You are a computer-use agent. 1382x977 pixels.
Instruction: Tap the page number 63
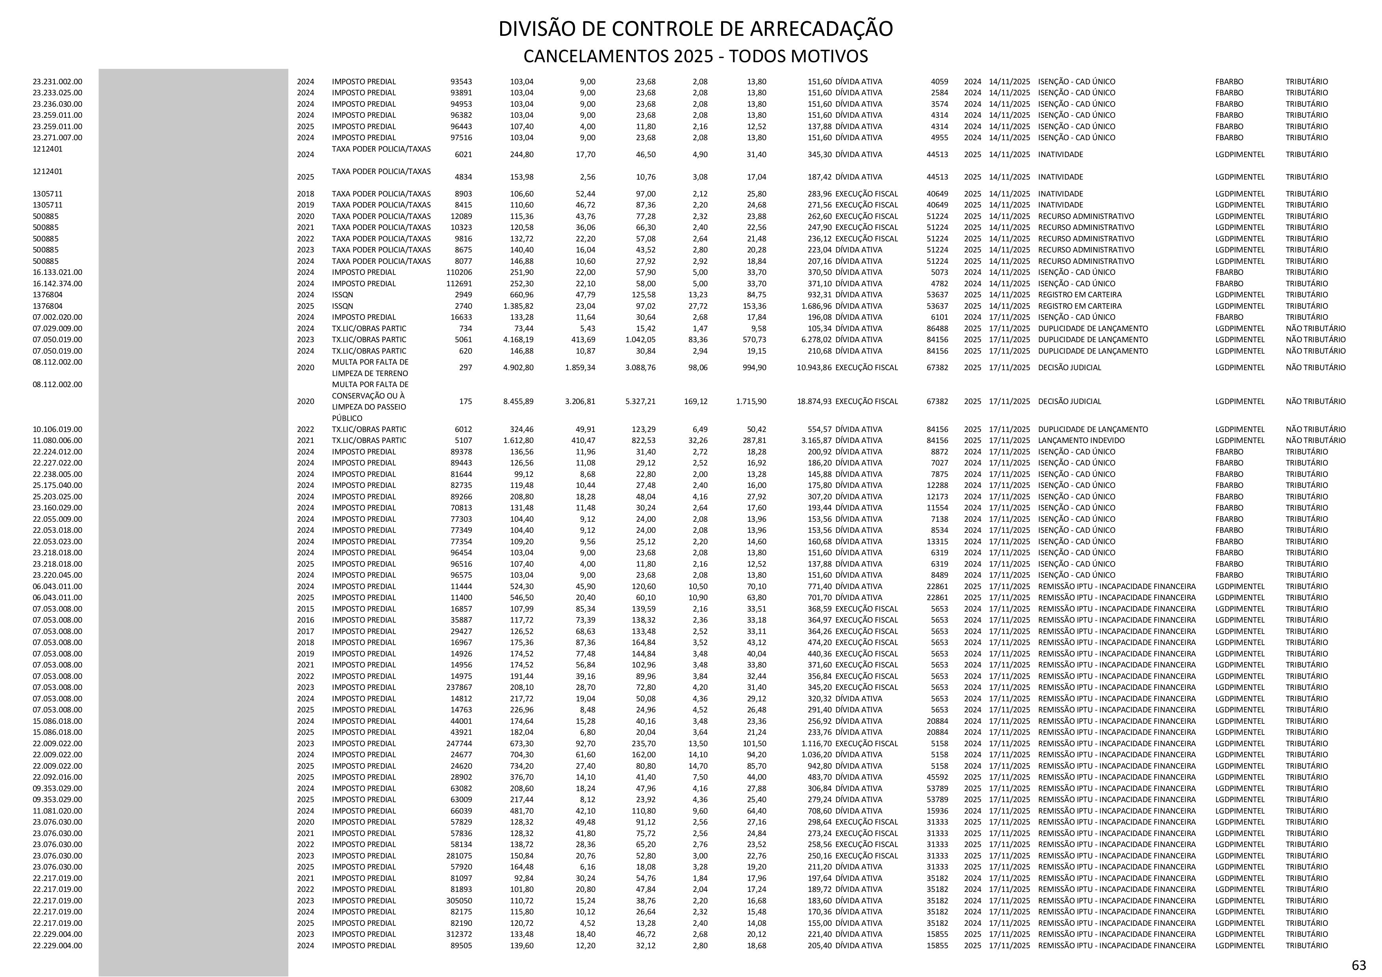pos(1358,965)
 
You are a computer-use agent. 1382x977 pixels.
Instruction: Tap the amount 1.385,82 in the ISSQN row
pos(518,306)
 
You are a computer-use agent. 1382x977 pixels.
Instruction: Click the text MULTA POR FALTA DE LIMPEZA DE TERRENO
pos(370,367)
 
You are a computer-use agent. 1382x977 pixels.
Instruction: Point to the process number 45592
pos(937,777)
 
